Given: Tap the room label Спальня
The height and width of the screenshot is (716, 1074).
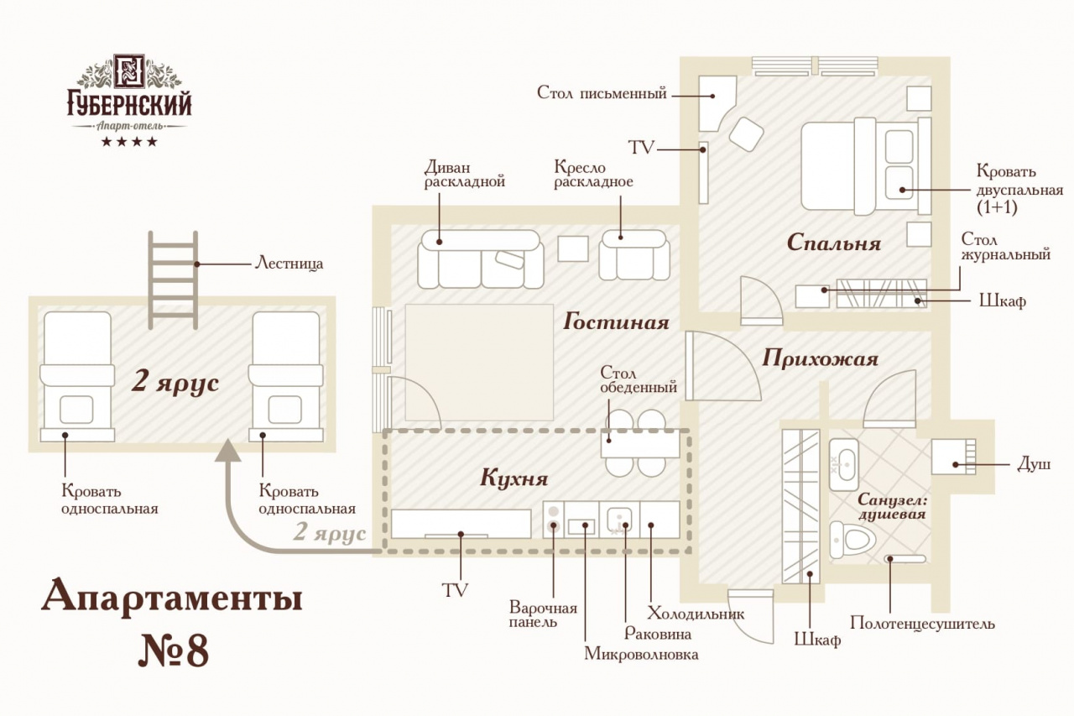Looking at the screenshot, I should tap(834, 243).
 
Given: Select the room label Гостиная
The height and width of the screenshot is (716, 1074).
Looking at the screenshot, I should tap(616, 321).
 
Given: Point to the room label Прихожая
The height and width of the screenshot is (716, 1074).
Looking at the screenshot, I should tap(820, 359).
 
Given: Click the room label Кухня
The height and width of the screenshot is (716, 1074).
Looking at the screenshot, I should tap(514, 479).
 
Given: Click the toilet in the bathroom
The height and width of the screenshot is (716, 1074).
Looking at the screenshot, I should tap(851, 537).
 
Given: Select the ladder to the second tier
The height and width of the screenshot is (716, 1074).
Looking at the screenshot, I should tap(173, 280).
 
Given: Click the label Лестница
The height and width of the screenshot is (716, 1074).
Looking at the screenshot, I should tap(289, 264).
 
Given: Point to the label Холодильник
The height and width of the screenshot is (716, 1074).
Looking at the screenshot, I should tap(696, 614).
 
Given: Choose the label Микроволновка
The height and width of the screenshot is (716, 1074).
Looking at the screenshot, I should tap(641, 654).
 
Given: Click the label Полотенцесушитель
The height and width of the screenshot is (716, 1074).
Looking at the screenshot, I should tap(922, 624).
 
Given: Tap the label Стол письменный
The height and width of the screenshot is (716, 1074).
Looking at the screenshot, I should tap(602, 93).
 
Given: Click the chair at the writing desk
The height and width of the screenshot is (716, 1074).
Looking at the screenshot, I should tap(746, 133).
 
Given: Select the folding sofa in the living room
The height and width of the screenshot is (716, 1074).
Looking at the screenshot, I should tap(479, 259).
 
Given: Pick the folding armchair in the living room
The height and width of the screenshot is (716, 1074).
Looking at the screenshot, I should tap(634, 255).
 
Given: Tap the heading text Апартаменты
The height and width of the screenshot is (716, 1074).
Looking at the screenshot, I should tap(172, 597).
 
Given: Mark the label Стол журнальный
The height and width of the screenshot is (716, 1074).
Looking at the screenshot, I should tap(1005, 247).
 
